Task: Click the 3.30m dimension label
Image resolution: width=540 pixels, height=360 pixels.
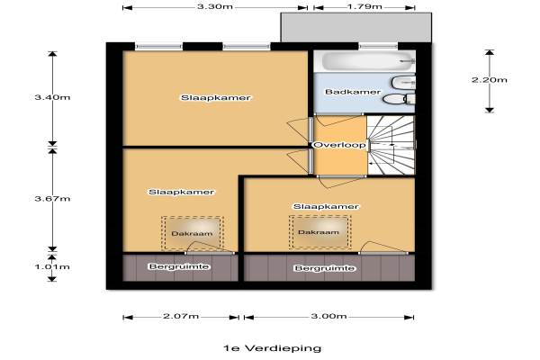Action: point(214,6)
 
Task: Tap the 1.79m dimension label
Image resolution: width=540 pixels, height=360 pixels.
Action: point(364,6)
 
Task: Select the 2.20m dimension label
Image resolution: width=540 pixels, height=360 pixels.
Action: point(490,80)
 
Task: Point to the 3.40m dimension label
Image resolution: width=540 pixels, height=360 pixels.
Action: point(52,97)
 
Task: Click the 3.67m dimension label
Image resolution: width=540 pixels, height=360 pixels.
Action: point(52,198)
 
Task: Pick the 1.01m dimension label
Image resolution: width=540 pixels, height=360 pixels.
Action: point(52,266)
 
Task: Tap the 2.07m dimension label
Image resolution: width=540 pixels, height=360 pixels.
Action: point(181,316)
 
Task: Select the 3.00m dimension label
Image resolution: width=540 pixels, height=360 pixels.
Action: point(328,316)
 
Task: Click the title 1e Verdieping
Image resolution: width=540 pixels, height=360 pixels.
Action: point(272,348)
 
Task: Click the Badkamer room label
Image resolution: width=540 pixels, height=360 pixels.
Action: point(353,92)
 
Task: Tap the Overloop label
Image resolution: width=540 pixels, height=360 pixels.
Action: point(339,145)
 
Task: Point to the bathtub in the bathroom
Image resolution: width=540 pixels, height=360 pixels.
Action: point(367,61)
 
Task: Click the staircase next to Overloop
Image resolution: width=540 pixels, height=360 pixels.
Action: point(391,145)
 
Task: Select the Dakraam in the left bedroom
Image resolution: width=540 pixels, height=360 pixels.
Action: point(193,233)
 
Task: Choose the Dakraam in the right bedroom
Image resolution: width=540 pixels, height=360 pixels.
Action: point(319,232)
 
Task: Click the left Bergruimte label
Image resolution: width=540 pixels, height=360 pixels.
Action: point(179,266)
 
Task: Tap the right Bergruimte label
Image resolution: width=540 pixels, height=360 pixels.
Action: point(324,268)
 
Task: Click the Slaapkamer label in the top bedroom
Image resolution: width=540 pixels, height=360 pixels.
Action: point(216,97)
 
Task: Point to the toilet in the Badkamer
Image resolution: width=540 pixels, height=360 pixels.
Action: point(399,99)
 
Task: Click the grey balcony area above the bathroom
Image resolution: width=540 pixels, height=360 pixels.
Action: point(356,28)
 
